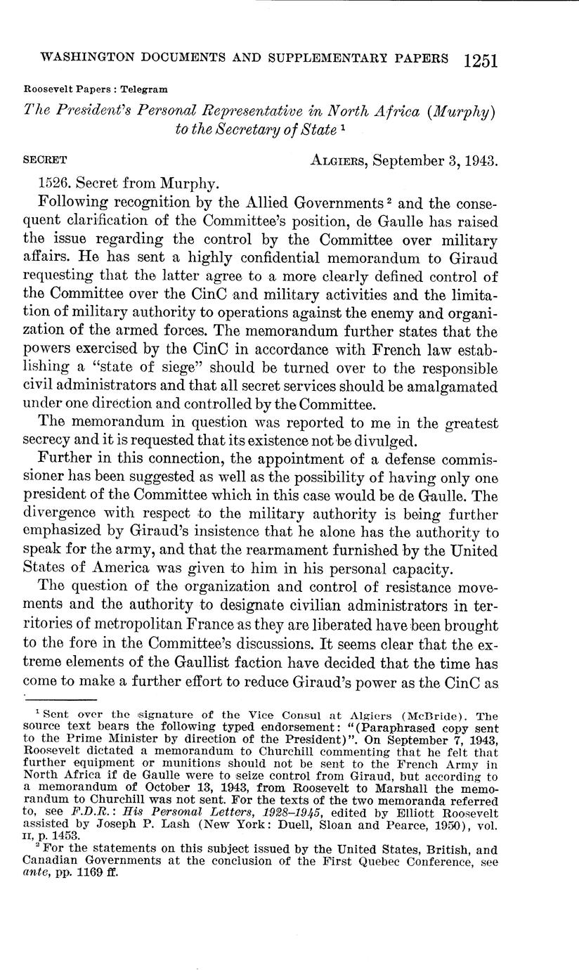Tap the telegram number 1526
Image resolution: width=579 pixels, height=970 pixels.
pos(54,183)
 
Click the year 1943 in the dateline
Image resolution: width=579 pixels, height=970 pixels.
pos(479,160)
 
